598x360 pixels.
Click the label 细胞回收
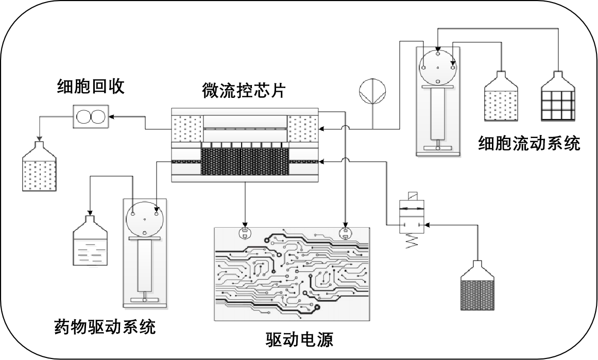coord(91,87)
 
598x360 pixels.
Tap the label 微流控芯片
coord(244,91)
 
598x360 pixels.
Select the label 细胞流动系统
coord(529,143)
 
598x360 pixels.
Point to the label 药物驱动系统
coord(105,327)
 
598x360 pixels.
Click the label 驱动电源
coord(299,339)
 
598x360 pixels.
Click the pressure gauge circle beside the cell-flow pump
coord(372,92)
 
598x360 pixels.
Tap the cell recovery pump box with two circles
coord(91,116)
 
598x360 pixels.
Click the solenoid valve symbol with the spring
coord(411,220)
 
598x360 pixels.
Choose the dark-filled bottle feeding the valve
coord(479,285)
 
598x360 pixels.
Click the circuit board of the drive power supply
coord(292,274)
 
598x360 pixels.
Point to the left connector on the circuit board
coord(245,233)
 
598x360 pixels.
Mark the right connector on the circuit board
coord(345,233)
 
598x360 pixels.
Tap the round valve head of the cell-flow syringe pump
coord(437,68)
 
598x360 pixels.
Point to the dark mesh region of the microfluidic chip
coord(245,161)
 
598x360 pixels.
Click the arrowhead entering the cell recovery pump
coord(111,116)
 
